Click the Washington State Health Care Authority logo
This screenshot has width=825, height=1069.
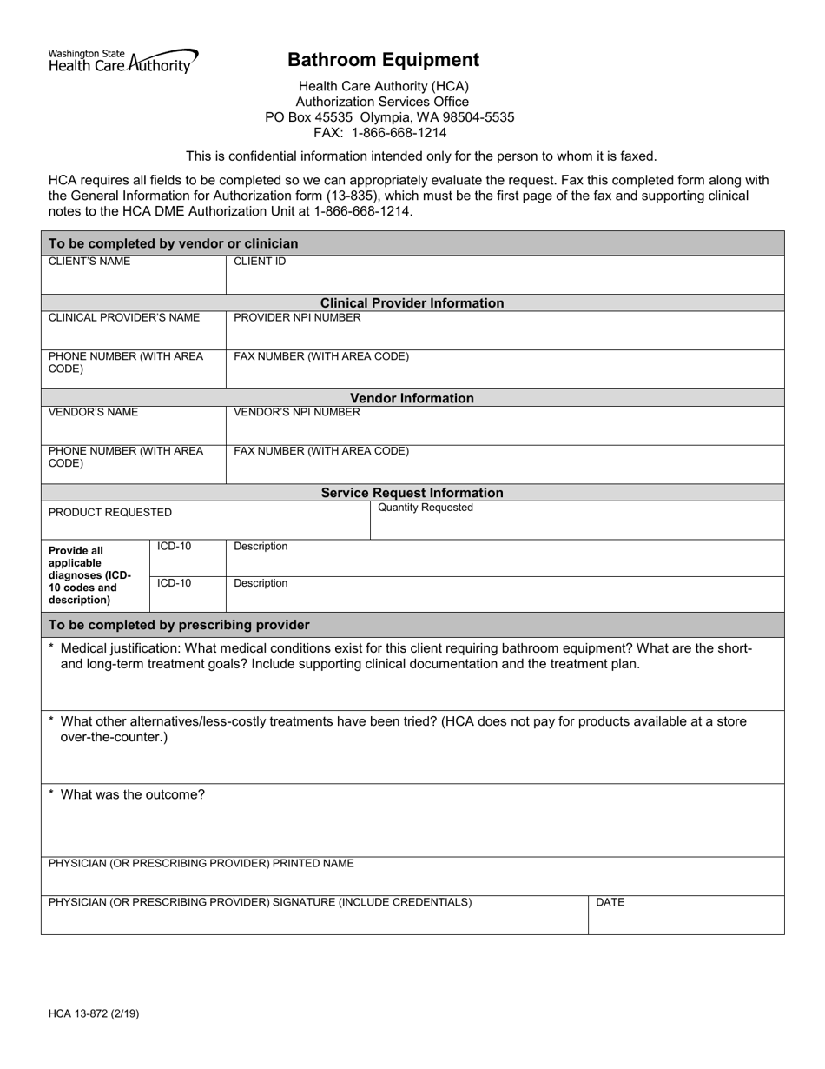(122, 60)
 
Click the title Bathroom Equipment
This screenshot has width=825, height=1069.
(383, 60)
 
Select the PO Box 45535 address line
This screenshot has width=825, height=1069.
(389, 117)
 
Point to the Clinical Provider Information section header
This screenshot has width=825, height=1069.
(412, 303)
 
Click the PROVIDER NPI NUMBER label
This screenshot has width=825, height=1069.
(297, 318)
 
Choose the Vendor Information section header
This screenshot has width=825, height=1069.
(412, 398)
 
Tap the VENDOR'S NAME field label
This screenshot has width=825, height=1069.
(93, 413)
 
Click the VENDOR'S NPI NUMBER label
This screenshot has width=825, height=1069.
(297, 413)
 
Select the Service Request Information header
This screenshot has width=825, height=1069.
(412, 493)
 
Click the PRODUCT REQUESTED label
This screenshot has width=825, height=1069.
(110, 513)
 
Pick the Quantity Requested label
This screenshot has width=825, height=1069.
(426, 508)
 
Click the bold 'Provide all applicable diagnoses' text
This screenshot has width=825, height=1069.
(89, 574)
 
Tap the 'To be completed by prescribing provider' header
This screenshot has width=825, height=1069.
(179, 625)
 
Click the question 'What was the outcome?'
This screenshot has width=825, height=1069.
(132, 794)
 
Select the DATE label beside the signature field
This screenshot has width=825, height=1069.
(610, 903)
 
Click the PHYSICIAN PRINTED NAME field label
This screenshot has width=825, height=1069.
(201, 864)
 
